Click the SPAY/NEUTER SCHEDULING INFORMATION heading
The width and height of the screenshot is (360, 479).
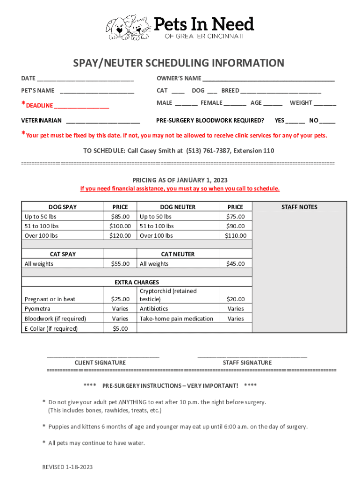(178, 63)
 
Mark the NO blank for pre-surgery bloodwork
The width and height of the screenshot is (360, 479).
(328, 121)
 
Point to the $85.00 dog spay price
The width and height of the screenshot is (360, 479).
(120, 217)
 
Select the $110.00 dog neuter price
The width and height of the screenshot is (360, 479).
(235, 236)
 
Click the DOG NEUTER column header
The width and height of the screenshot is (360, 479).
(178, 207)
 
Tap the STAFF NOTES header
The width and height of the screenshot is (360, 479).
(299, 207)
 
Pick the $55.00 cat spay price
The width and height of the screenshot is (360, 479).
(120, 264)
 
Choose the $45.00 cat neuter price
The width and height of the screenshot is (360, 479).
(235, 264)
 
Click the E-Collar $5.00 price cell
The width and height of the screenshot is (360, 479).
(120, 328)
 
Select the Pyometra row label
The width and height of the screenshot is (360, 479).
(37, 309)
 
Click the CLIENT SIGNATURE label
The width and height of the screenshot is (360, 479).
(100, 363)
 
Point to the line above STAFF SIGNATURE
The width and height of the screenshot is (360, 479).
(252, 357)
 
